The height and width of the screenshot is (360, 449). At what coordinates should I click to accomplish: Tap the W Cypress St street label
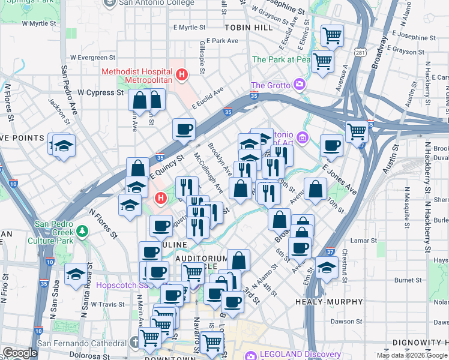tap(100, 93)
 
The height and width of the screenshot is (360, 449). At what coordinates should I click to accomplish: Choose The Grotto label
tap(270, 85)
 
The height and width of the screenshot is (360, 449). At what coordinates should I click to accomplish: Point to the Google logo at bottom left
tap(20, 353)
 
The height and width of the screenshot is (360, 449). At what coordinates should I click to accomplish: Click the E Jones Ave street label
tap(339, 180)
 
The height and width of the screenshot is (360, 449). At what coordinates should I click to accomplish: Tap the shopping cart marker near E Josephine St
tap(332, 35)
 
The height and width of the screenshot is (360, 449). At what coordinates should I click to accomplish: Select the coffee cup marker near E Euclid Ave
tap(184, 128)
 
